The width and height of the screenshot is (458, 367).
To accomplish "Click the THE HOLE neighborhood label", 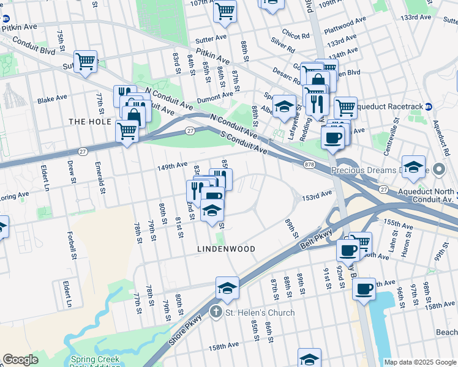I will pyautogui.click(x=89, y=122).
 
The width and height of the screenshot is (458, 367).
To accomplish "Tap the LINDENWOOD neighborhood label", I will pyautogui.click(x=225, y=249).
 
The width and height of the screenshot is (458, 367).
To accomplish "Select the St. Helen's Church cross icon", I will pyautogui.click(x=215, y=313).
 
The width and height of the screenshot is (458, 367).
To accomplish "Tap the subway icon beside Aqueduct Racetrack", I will pyautogui.click(x=429, y=106).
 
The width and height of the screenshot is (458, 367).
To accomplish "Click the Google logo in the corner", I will pyautogui.click(x=20, y=360).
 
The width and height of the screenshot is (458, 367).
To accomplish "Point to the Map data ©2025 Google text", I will pyautogui.click(x=420, y=362).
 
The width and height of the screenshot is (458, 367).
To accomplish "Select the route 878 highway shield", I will pyautogui.click(x=310, y=164).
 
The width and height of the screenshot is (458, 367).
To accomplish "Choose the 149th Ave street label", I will pyautogui.click(x=172, y=165).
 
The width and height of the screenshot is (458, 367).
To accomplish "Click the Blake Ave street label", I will pyautogui.click(x=52, y=98).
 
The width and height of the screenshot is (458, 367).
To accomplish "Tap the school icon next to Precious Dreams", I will pyautogui.click(x=413, y=166).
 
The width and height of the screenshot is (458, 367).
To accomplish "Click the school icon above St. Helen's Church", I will pyautogui.click(x=227, y=288).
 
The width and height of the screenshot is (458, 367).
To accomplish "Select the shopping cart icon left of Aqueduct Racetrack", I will pyautogui.click(x=346, y=108).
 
